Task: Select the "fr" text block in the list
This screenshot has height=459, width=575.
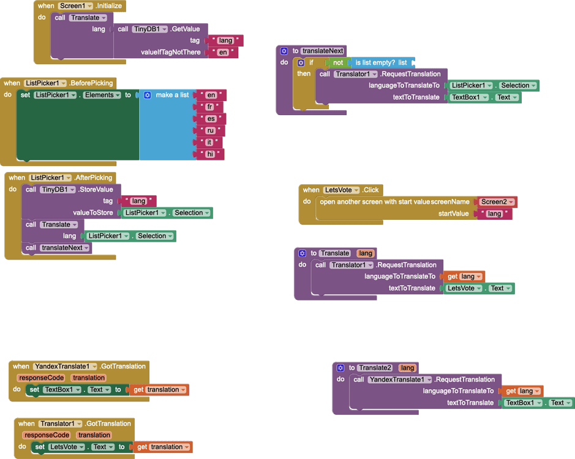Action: (210, 106)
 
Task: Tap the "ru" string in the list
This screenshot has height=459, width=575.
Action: (211, 130)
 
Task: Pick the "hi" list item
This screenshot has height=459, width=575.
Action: (210, 154)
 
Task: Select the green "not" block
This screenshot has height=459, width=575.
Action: (337, 62)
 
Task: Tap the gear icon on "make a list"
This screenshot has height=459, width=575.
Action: (147, 95)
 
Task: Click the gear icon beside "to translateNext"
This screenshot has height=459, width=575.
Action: (284, 51)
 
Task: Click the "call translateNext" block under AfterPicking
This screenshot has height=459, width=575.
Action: (58, 248)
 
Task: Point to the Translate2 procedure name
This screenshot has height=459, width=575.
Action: (375, 368)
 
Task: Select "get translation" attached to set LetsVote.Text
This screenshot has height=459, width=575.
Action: (162, 447)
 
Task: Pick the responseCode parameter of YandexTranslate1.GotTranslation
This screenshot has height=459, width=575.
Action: (40, 378)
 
